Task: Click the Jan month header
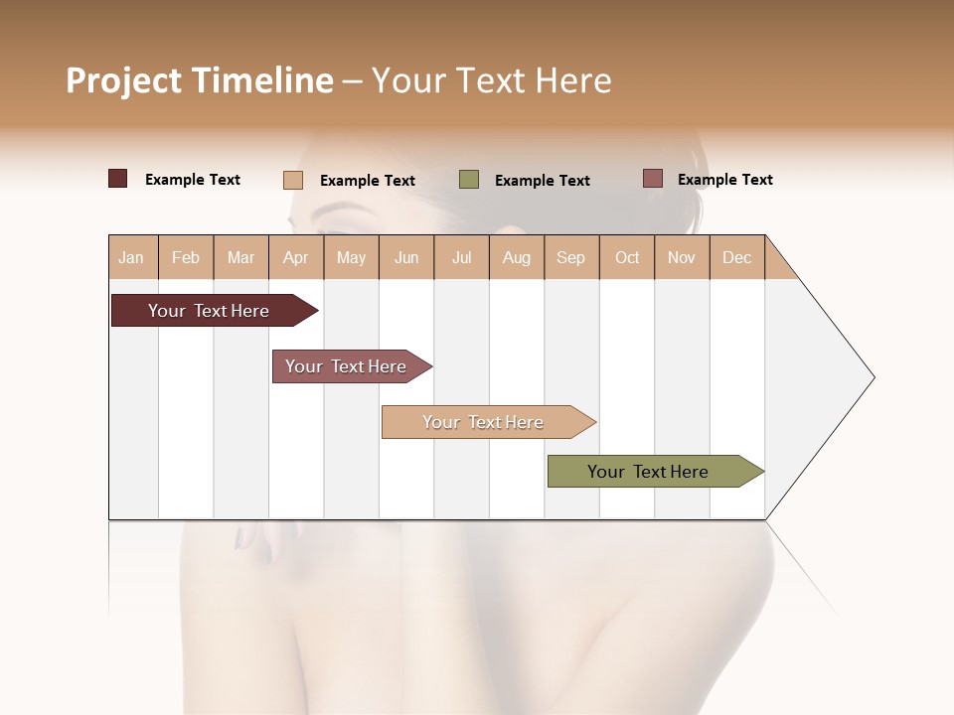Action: [132, 257]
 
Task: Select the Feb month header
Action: [186, 257]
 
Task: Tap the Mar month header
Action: [240, 257]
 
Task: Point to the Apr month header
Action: [295, 257]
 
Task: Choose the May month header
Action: [351, 257]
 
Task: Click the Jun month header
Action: [406, 257]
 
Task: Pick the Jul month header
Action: [461, 257]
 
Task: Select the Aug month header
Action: [516, 257]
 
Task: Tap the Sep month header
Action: [570, 257]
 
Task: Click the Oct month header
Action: [627, 257]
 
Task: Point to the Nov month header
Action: [682, 257]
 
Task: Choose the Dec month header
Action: [736, 257]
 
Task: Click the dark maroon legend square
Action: [118, 179]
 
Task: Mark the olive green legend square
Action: [469, 179]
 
